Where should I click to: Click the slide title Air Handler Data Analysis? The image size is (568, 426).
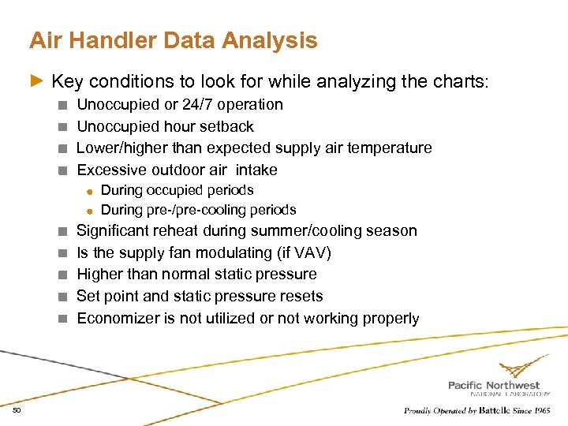point(173,40)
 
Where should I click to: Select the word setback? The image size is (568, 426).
point(228,126)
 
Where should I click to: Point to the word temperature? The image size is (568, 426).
point(393,148)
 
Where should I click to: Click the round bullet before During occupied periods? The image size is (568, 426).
point(91,191)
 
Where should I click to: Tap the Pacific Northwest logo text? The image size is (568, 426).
point(494,385)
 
